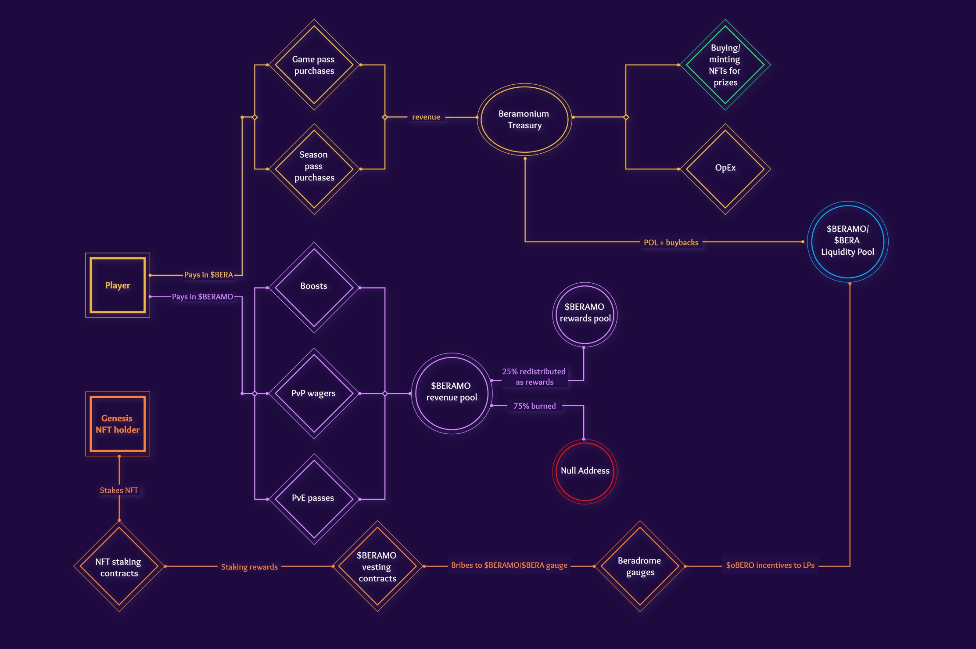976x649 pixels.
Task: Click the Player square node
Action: click(x=118, y=285)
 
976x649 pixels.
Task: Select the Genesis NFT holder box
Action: click(x=118, y=424)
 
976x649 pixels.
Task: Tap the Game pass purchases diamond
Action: click(x=314, y=65)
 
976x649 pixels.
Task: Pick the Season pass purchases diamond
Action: click(x=314, y=169)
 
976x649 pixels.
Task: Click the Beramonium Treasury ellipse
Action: click(x=524, y=119)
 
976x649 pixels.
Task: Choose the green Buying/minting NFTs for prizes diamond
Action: click(x=725, y=65)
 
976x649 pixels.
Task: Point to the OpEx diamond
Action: click(x=725, y=169)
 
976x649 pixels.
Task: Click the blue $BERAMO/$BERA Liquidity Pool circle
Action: click(x=847, y=241)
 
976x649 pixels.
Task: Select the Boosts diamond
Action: click(x=314, y=287)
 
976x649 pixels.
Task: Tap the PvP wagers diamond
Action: click(x=314, y=393)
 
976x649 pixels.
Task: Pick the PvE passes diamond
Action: click(x=314, y=499)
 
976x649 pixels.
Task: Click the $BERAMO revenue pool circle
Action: click(x=452, y=393)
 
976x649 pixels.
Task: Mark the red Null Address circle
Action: click(x=585, y=471)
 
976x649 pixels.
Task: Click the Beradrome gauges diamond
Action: click(x=640, y=566)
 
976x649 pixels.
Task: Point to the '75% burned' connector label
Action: click(x=535, y=406)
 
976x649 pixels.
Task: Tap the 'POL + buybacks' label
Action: click(x=671, y=242)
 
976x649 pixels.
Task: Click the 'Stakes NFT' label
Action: click(x=119, y=490)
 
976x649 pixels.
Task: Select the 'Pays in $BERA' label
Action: click(x=208, y=275)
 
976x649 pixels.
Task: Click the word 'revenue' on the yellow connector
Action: click(x=426, y=117)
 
